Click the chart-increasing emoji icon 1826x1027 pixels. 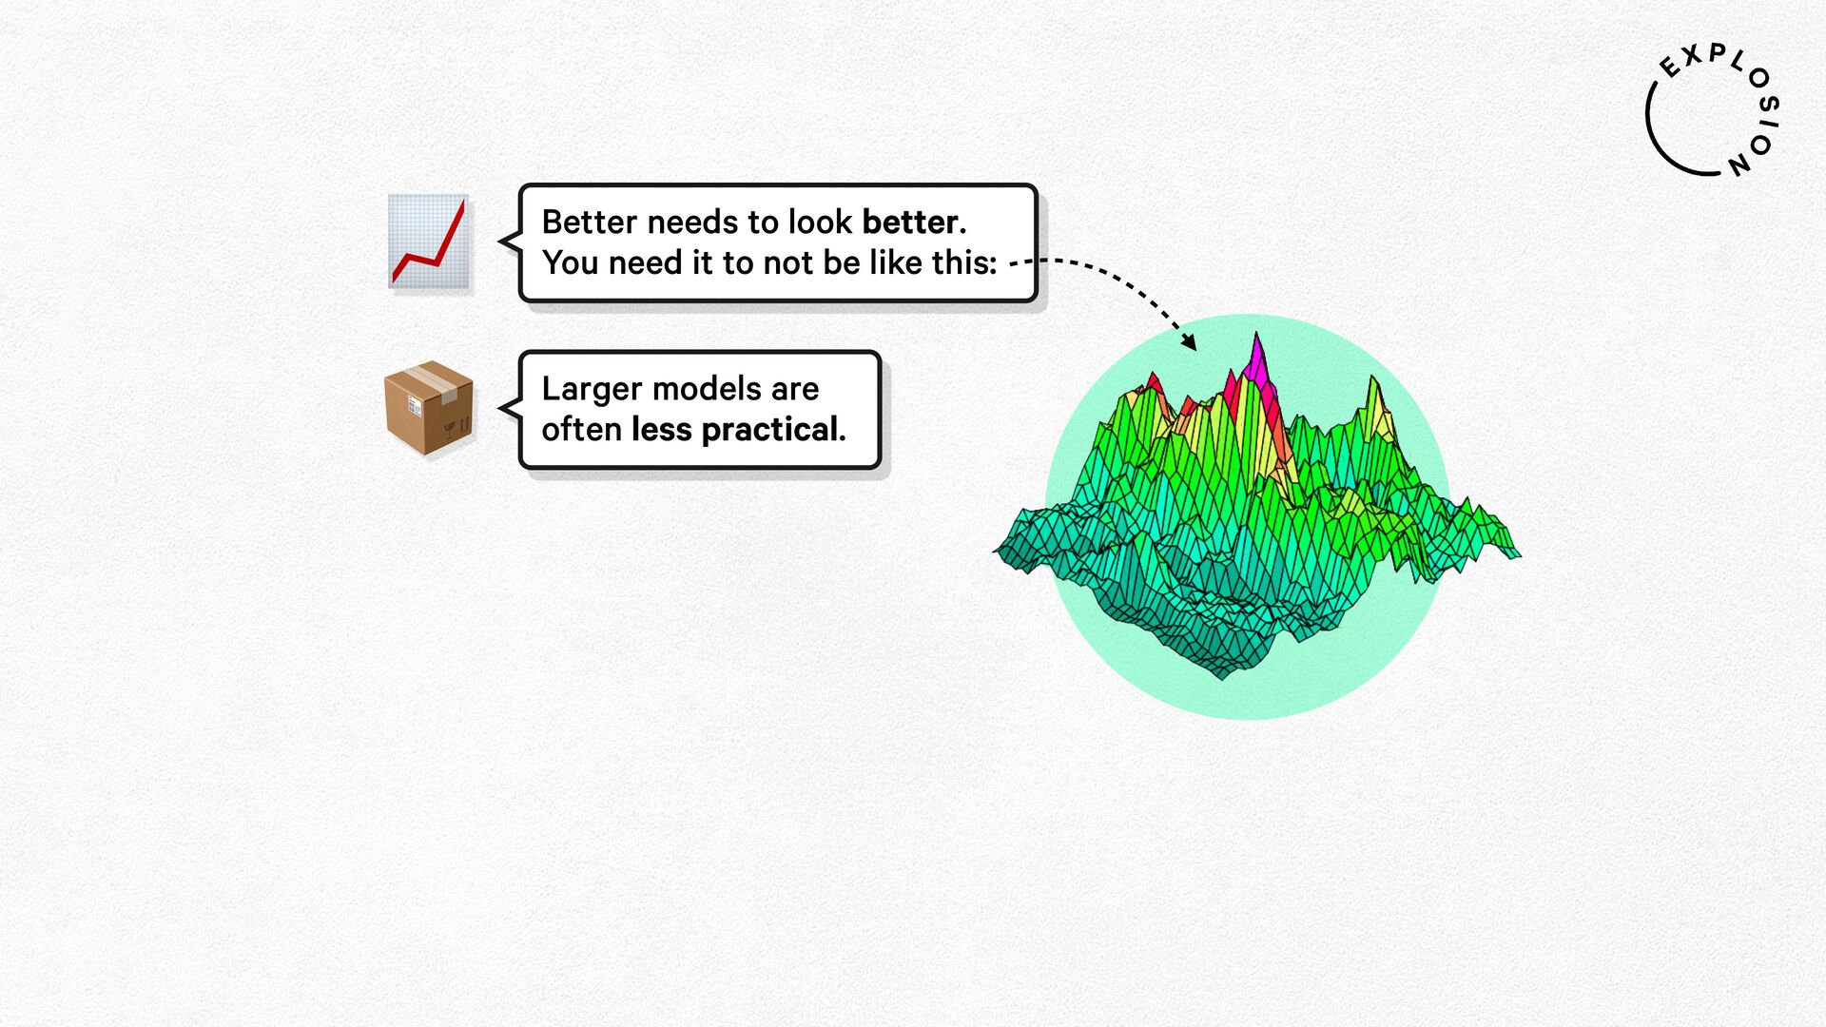tap(429, 242)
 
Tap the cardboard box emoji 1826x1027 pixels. tap(429, 407)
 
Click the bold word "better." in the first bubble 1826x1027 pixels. tap(914, 222)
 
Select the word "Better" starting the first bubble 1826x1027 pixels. tap(589, 222)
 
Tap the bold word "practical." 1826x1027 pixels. tap(773, 431)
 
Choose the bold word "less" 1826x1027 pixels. tap(661, 430)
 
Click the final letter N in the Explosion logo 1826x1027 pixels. tap(1739, 164)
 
